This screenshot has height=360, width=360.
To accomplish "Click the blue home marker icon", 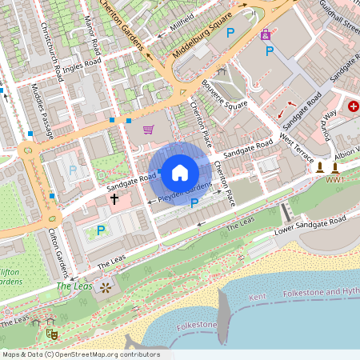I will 180,172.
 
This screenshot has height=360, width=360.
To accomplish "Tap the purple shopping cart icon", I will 148,130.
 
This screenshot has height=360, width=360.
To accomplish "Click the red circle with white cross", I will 354,106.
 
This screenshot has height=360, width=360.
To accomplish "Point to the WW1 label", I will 334,180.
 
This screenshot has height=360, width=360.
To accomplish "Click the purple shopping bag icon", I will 266,34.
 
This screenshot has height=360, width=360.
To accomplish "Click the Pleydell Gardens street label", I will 185,192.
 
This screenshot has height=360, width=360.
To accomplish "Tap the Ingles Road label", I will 81,65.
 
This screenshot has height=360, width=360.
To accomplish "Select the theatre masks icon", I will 51,332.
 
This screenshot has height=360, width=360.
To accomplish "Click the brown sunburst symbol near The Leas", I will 105,286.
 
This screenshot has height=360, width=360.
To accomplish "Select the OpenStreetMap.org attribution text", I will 80,354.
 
